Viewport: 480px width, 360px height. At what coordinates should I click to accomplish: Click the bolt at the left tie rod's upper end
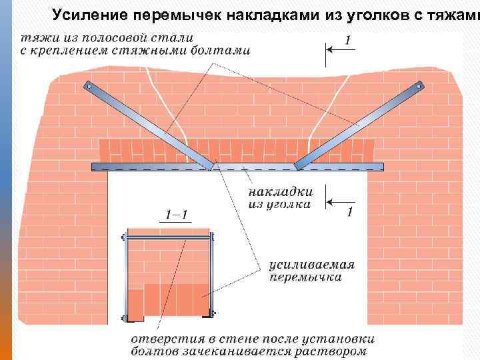pos(89,85)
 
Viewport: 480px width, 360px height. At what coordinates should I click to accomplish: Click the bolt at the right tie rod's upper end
pos(421,85)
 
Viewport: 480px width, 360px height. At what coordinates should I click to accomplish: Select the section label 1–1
pos(176,215)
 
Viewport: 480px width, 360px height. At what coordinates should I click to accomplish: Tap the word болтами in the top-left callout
pos(221,50)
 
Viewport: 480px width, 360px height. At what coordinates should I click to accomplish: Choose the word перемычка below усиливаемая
pos(305,277)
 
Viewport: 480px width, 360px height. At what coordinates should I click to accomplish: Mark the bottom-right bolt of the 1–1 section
pos(212,313)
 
